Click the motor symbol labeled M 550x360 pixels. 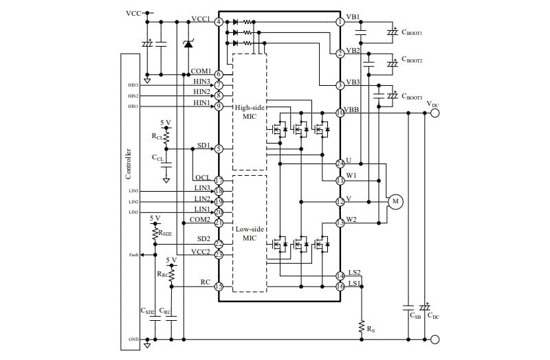[x=395, y=201]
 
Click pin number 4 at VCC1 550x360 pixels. [x=219, y=22]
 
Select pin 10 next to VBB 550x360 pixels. [x=340, y=112]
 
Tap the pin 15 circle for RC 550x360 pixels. [x=219, y=286]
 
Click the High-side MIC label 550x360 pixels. [x=250, y=113]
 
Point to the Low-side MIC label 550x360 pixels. [x=250, y=233]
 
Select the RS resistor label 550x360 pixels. [x=371, y=330]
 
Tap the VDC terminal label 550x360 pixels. [x=432, y=104]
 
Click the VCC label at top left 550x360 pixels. [x=133, y=13]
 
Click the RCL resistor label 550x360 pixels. [x=157, y=136]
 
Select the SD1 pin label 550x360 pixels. [x=203, y=146]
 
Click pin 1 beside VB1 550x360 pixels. [x=340, y=22]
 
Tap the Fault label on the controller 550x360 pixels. [x=133, y=255]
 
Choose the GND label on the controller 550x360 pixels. [x=133, y=339]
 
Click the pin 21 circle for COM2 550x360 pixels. [x=219, y=222]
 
